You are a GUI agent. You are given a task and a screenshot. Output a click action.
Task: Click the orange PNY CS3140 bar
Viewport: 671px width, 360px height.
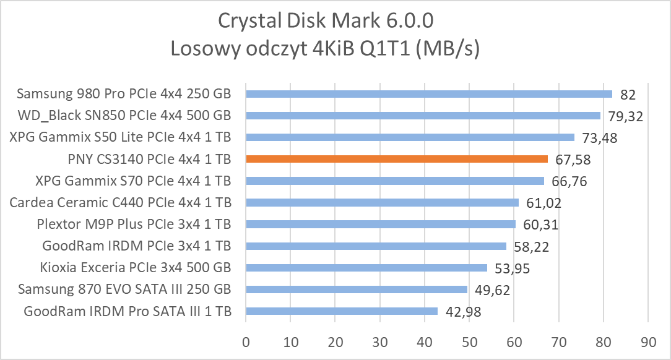[397, 159]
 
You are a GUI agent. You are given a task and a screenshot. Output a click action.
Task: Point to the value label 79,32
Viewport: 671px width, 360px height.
[625, 116]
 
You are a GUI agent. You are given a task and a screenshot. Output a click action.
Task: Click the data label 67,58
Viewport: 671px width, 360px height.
[572, 160]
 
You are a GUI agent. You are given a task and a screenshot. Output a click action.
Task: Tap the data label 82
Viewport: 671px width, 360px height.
[628, 95]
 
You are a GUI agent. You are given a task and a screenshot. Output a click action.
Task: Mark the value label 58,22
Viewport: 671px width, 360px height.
[531, 247]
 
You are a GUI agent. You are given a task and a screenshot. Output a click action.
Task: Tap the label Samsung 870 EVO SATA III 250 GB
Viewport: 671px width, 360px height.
[124, 289]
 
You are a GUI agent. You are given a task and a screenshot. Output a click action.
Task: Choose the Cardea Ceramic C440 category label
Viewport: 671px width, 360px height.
[121, 202]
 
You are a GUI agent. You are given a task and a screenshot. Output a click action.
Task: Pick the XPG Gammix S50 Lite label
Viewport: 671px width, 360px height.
[121, 137]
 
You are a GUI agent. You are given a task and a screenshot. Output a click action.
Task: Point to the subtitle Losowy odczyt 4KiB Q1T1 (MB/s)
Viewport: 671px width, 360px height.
[326, 49]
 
